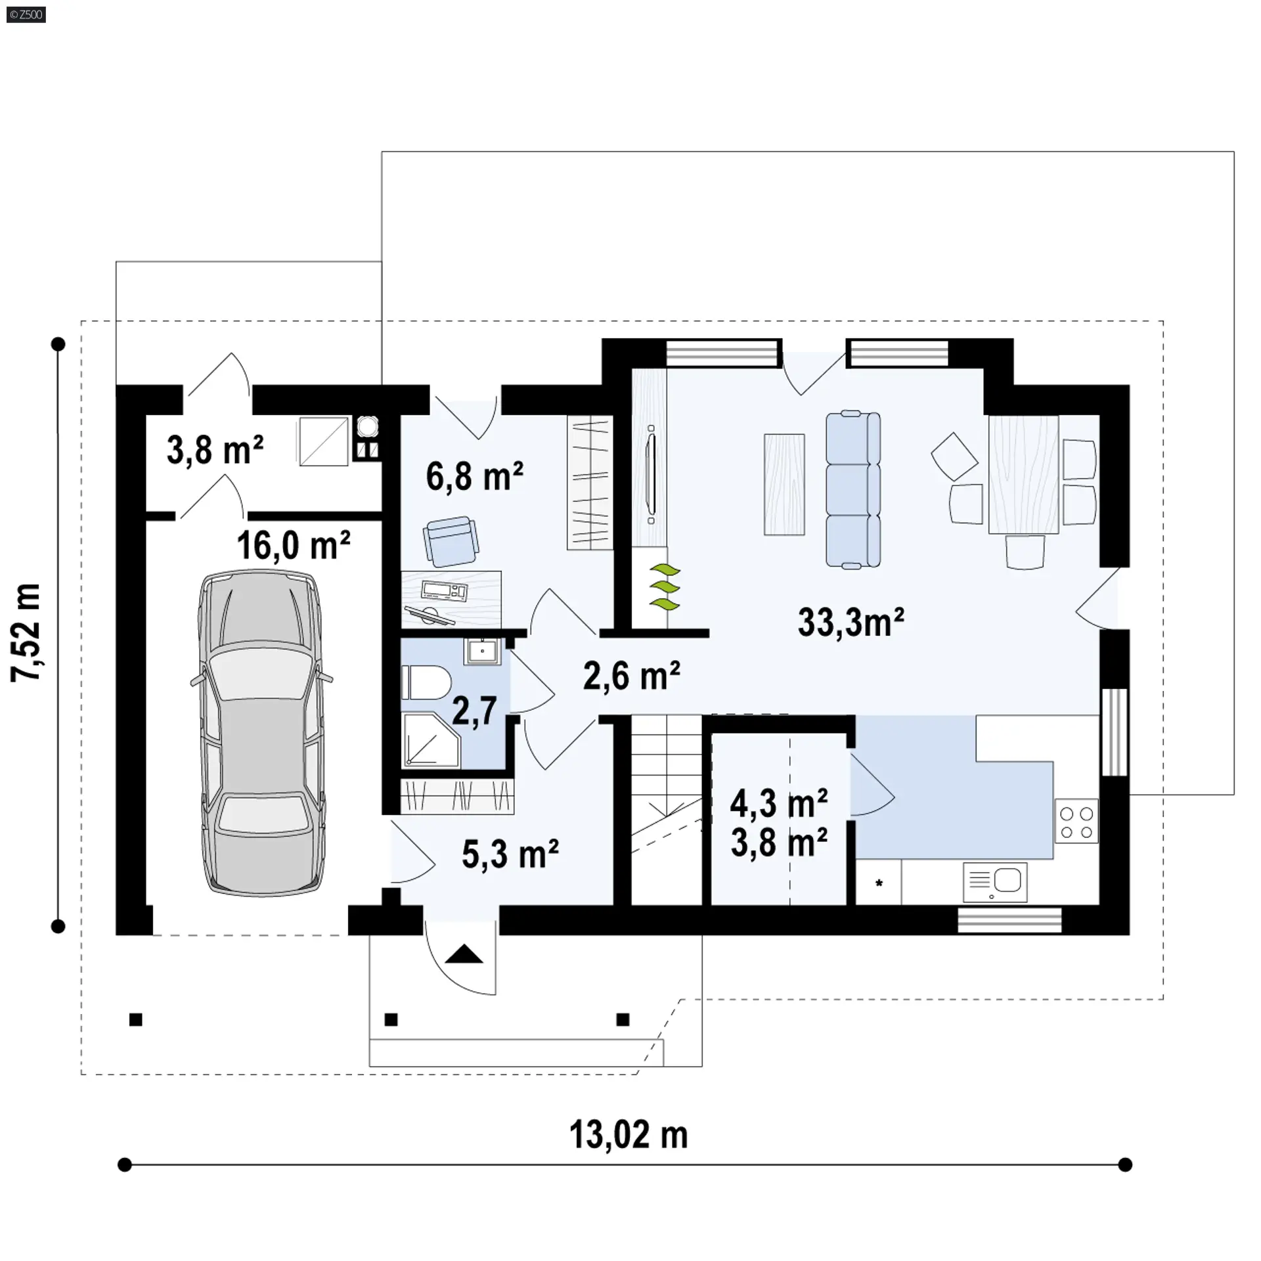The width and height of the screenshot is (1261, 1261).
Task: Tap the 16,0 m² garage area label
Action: (294, 546)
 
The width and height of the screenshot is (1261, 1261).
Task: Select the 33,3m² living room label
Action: (851, 622)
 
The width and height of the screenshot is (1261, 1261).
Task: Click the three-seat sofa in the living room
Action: (852, 489)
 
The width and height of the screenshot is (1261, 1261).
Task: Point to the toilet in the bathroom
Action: (425, 682)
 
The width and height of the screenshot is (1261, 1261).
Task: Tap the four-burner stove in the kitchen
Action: (1076, 820)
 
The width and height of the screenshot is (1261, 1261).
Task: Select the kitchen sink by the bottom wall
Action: (995, 881)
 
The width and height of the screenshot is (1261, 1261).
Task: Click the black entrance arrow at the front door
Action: (464, 954)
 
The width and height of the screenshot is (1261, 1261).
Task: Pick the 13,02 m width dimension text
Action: (629, 1135)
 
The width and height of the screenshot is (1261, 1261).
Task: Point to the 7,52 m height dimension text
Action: (27, 632)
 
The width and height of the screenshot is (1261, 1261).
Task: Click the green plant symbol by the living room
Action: (665, 586)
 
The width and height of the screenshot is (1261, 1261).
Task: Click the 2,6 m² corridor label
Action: (631, 676)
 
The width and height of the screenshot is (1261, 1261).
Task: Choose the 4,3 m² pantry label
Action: (779, 803)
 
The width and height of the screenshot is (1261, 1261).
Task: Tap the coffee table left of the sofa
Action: (785, 484)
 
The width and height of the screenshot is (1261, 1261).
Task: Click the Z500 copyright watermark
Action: (26, 14)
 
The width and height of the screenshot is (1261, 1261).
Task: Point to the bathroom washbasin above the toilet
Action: (483, 652)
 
